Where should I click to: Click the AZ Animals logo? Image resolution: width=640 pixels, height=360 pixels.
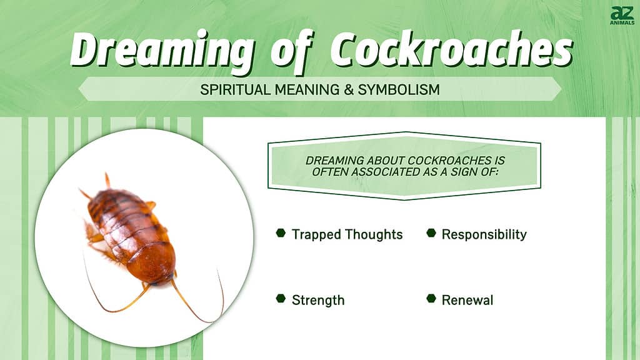(x=622, y=16)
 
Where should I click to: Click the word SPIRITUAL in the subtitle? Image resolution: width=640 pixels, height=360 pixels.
(x=235, y=89)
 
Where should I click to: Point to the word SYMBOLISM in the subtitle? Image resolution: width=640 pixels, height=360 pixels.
(x=399, y=89)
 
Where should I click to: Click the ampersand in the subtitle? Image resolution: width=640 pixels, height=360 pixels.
(x=349, y=89)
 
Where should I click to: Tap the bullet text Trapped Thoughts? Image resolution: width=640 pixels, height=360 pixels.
(x=347, y=234)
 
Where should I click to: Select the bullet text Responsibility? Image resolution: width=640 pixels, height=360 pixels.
(x=484, y=234)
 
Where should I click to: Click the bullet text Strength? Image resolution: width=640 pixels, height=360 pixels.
(x=318, y=301)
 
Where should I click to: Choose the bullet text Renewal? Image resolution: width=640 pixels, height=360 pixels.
(x=467, y=300)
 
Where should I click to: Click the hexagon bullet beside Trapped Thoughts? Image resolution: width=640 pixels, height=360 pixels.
(x=281, y=232)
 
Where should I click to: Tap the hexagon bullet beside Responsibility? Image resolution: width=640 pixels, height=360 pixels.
(x=431, y=232)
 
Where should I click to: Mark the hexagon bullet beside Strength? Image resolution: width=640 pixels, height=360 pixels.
(x=281, y=298)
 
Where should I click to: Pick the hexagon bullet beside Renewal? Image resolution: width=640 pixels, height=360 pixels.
(x=431, y=298)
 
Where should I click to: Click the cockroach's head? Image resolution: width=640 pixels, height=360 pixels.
(x=162, y=280)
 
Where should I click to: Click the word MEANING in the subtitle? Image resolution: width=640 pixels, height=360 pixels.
(x=307, y=89)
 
